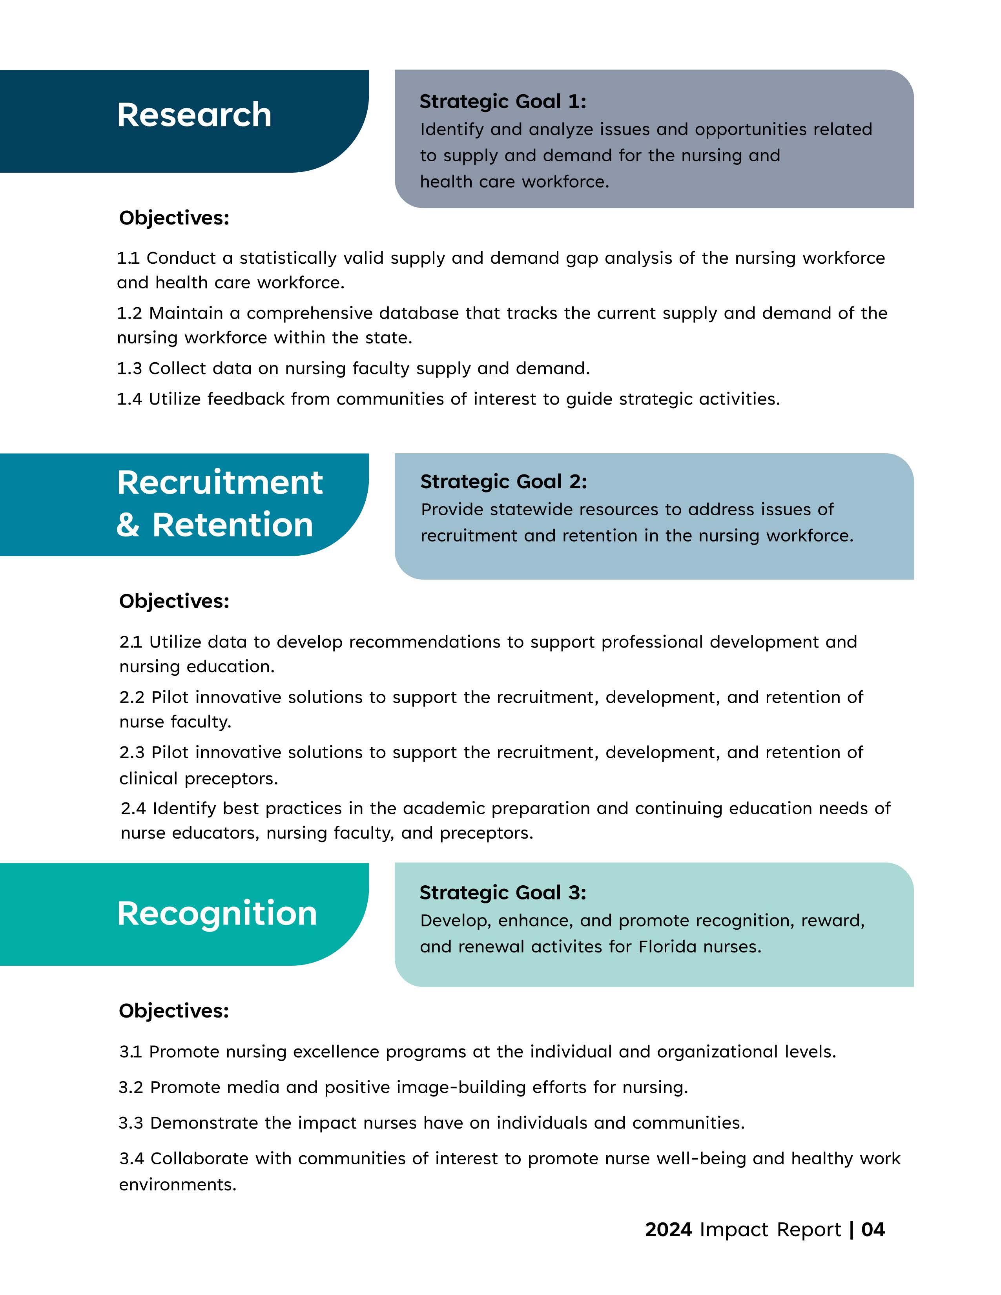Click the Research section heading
(x=194, y=115)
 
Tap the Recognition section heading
(x=217, y=913)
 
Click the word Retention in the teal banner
(x=232, y=525)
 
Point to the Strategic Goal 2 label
(x=503, y=482)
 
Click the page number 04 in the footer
(x=873, y=1229)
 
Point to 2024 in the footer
(x=668, y=1229)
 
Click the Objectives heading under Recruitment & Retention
(x=174, y=601)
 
